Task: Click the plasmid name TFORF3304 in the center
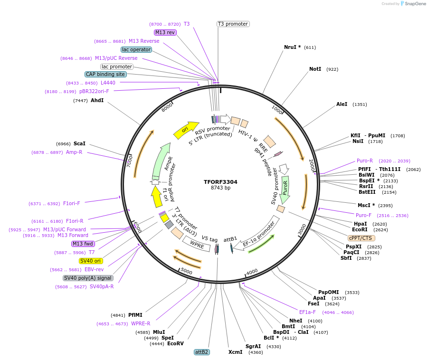click(x=220, y=182)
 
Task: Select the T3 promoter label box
click(x=233, y=24)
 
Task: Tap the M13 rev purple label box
click(x=165, y=32)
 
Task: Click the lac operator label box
click(x=136, y=49)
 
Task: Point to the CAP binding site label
click(x=105, y=74)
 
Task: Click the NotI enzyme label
click(x=315, y=69)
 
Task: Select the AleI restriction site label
click(x=342, y=104)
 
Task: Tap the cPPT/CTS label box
click(x=361, y=238)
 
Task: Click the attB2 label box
click(x=201, y=352)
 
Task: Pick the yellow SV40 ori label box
click(x=91, y=261)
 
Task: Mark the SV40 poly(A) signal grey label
click(x=88, y=278)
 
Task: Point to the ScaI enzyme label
click(x=79, y=143)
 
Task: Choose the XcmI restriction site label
click(x=235, y=352)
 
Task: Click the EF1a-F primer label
click(x=307, y=312)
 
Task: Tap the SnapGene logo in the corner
click(x=411, y=4)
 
